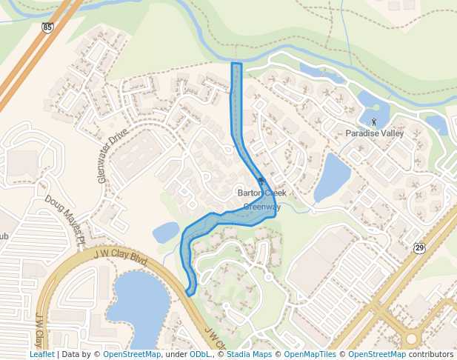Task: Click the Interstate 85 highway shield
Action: point(47,28)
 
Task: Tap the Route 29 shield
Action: point(419,247)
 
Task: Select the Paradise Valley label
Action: point(374,133)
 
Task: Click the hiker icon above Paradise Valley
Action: point(373,121)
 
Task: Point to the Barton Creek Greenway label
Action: point(261,200)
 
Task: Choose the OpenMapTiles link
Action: point(310,354)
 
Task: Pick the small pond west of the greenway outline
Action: point(165,233)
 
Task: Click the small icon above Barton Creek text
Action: point(260,181)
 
